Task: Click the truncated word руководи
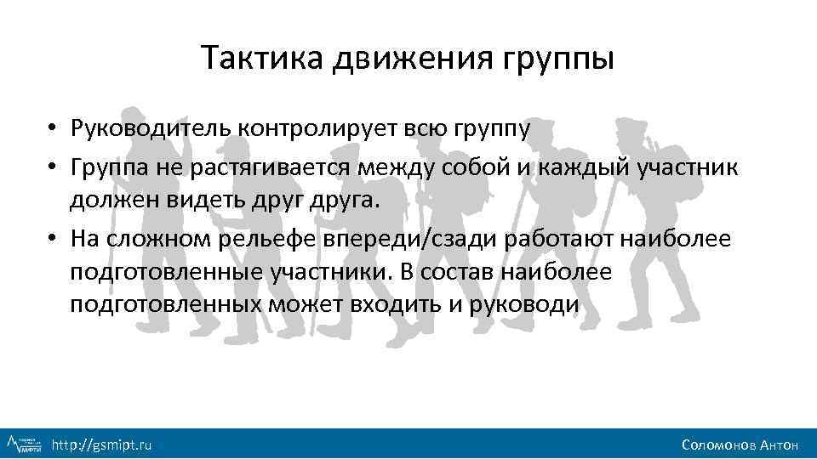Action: pyautogui.click(x=524, y=304)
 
